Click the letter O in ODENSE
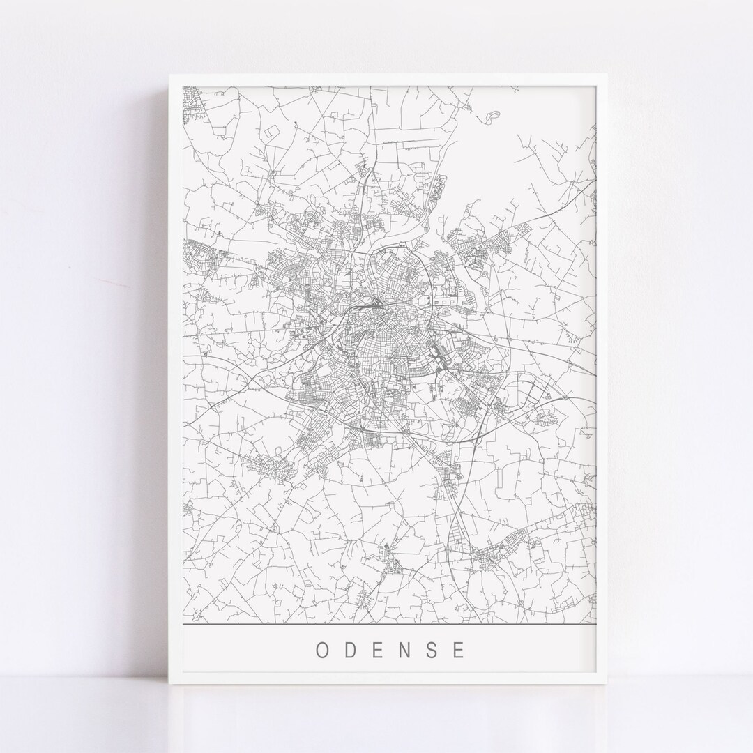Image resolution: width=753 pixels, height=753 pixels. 323,650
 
